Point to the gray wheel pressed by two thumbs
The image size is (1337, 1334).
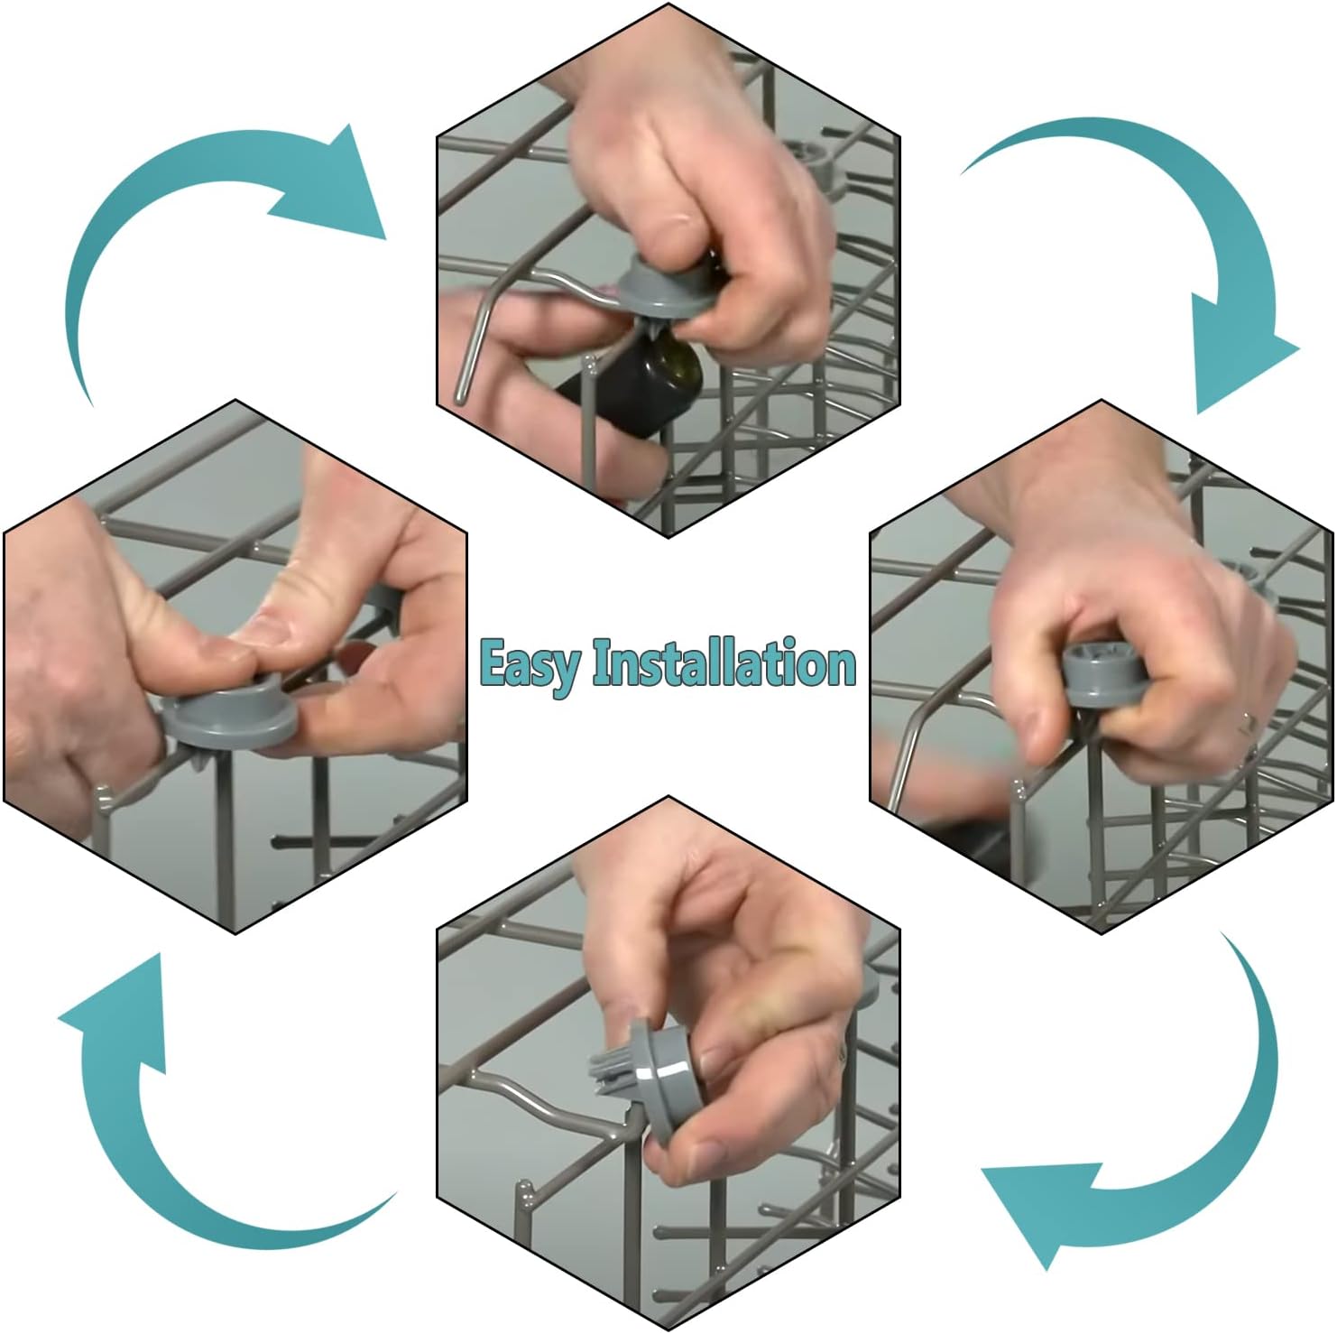click(x=230, y=718)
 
